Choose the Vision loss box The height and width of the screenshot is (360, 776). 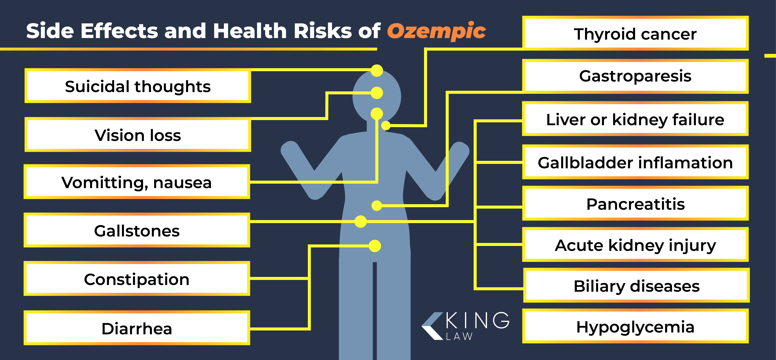[138, 135]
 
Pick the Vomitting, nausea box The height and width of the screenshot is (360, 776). [137, 182]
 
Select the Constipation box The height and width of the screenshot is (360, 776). [137, 279]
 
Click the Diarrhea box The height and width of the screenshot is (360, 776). [137, 328]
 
